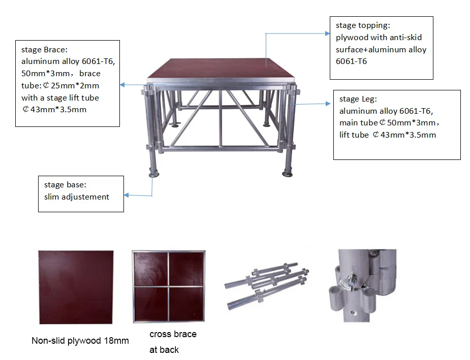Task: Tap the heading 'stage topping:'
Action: (363, 25)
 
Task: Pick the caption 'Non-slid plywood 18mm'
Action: (80, 341)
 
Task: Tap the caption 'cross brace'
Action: (173, 334)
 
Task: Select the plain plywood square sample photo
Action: (76, 287)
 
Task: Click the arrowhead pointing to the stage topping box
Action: (327, 33)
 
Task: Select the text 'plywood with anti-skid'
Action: (379, 38)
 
